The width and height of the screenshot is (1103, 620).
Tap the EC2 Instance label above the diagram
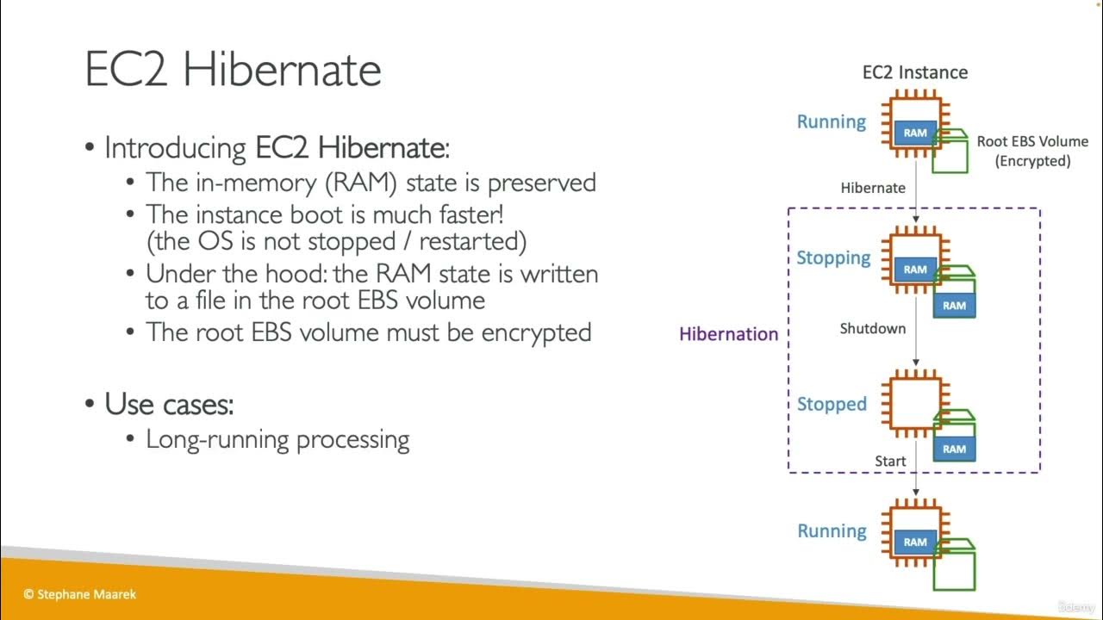(914, 72)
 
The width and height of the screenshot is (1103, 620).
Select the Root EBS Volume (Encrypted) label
(1031, 151)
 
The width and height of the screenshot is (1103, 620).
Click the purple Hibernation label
(728, 334)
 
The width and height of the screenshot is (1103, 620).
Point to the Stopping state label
(833, 257)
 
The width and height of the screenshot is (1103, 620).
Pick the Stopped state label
(832, 404)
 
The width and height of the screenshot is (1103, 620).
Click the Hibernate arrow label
(873, 188)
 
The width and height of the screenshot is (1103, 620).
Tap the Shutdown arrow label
(872, 328)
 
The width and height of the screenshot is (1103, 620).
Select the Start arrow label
(890, 462)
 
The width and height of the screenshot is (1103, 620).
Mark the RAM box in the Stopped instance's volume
(954, 449)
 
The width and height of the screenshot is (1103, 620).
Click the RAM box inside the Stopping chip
(915, 270)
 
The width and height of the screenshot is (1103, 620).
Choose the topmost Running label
(831, 121)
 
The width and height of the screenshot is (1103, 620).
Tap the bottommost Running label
(832, 530)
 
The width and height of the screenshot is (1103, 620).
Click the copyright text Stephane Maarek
(79, 594)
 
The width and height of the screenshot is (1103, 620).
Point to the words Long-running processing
(277, 439)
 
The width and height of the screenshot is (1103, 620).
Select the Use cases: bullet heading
(169, 403)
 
